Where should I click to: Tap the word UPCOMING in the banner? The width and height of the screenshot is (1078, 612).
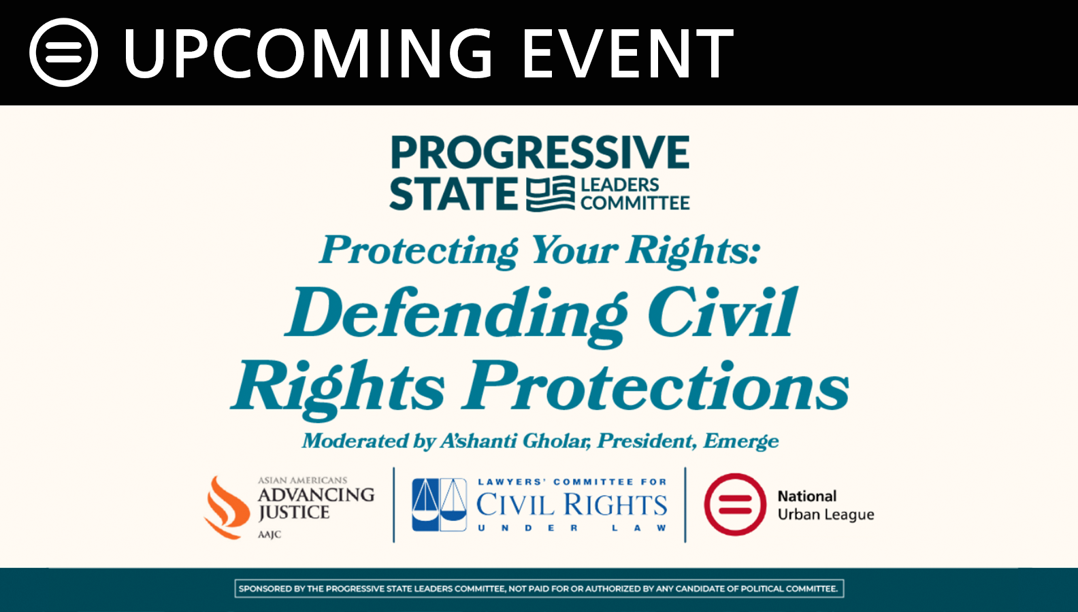tap(308, 53)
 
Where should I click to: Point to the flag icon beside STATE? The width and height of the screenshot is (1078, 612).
tap(551, 194)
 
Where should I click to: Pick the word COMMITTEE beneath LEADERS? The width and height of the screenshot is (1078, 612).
tap(635, 203)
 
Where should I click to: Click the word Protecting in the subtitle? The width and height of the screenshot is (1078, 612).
tap(419, 250)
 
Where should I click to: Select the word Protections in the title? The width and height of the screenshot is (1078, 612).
tap(655, 386)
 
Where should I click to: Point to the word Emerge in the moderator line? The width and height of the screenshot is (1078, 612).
tap(740, 441)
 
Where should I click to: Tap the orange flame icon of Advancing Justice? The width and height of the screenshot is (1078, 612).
tap(227, 507)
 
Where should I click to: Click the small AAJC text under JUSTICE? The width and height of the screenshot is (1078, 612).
tap(269, 534)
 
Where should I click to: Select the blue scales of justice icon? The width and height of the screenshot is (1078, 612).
tap(440, 505)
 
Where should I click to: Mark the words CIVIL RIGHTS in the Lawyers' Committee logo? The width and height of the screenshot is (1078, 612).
tap(572, 505)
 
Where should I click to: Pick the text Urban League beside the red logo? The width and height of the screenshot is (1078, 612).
tap(826, 514)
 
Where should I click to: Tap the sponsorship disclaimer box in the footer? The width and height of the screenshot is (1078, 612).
tap(539, 588)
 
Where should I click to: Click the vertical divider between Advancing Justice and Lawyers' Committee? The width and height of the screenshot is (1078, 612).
tap(393, 505)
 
